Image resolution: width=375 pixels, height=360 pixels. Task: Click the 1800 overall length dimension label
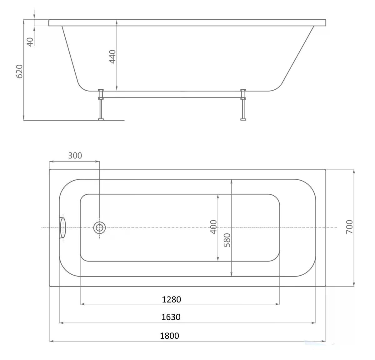click(169, 336)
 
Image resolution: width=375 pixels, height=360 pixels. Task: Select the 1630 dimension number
click(171, 317)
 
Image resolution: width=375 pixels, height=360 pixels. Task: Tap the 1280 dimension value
click(171, 299)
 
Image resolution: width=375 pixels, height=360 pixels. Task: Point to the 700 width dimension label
click(349, 227)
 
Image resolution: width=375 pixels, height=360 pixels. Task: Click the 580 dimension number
click(227, 240)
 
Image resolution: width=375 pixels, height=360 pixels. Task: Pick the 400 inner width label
click(213, 227)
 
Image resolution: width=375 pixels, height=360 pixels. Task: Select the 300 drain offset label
click(75, 155)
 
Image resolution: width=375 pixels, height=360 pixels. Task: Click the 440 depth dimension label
click(112, 57)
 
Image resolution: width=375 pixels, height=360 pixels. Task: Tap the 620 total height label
click(19, 71)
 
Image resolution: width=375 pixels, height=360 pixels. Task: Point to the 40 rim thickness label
click(30, 42)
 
